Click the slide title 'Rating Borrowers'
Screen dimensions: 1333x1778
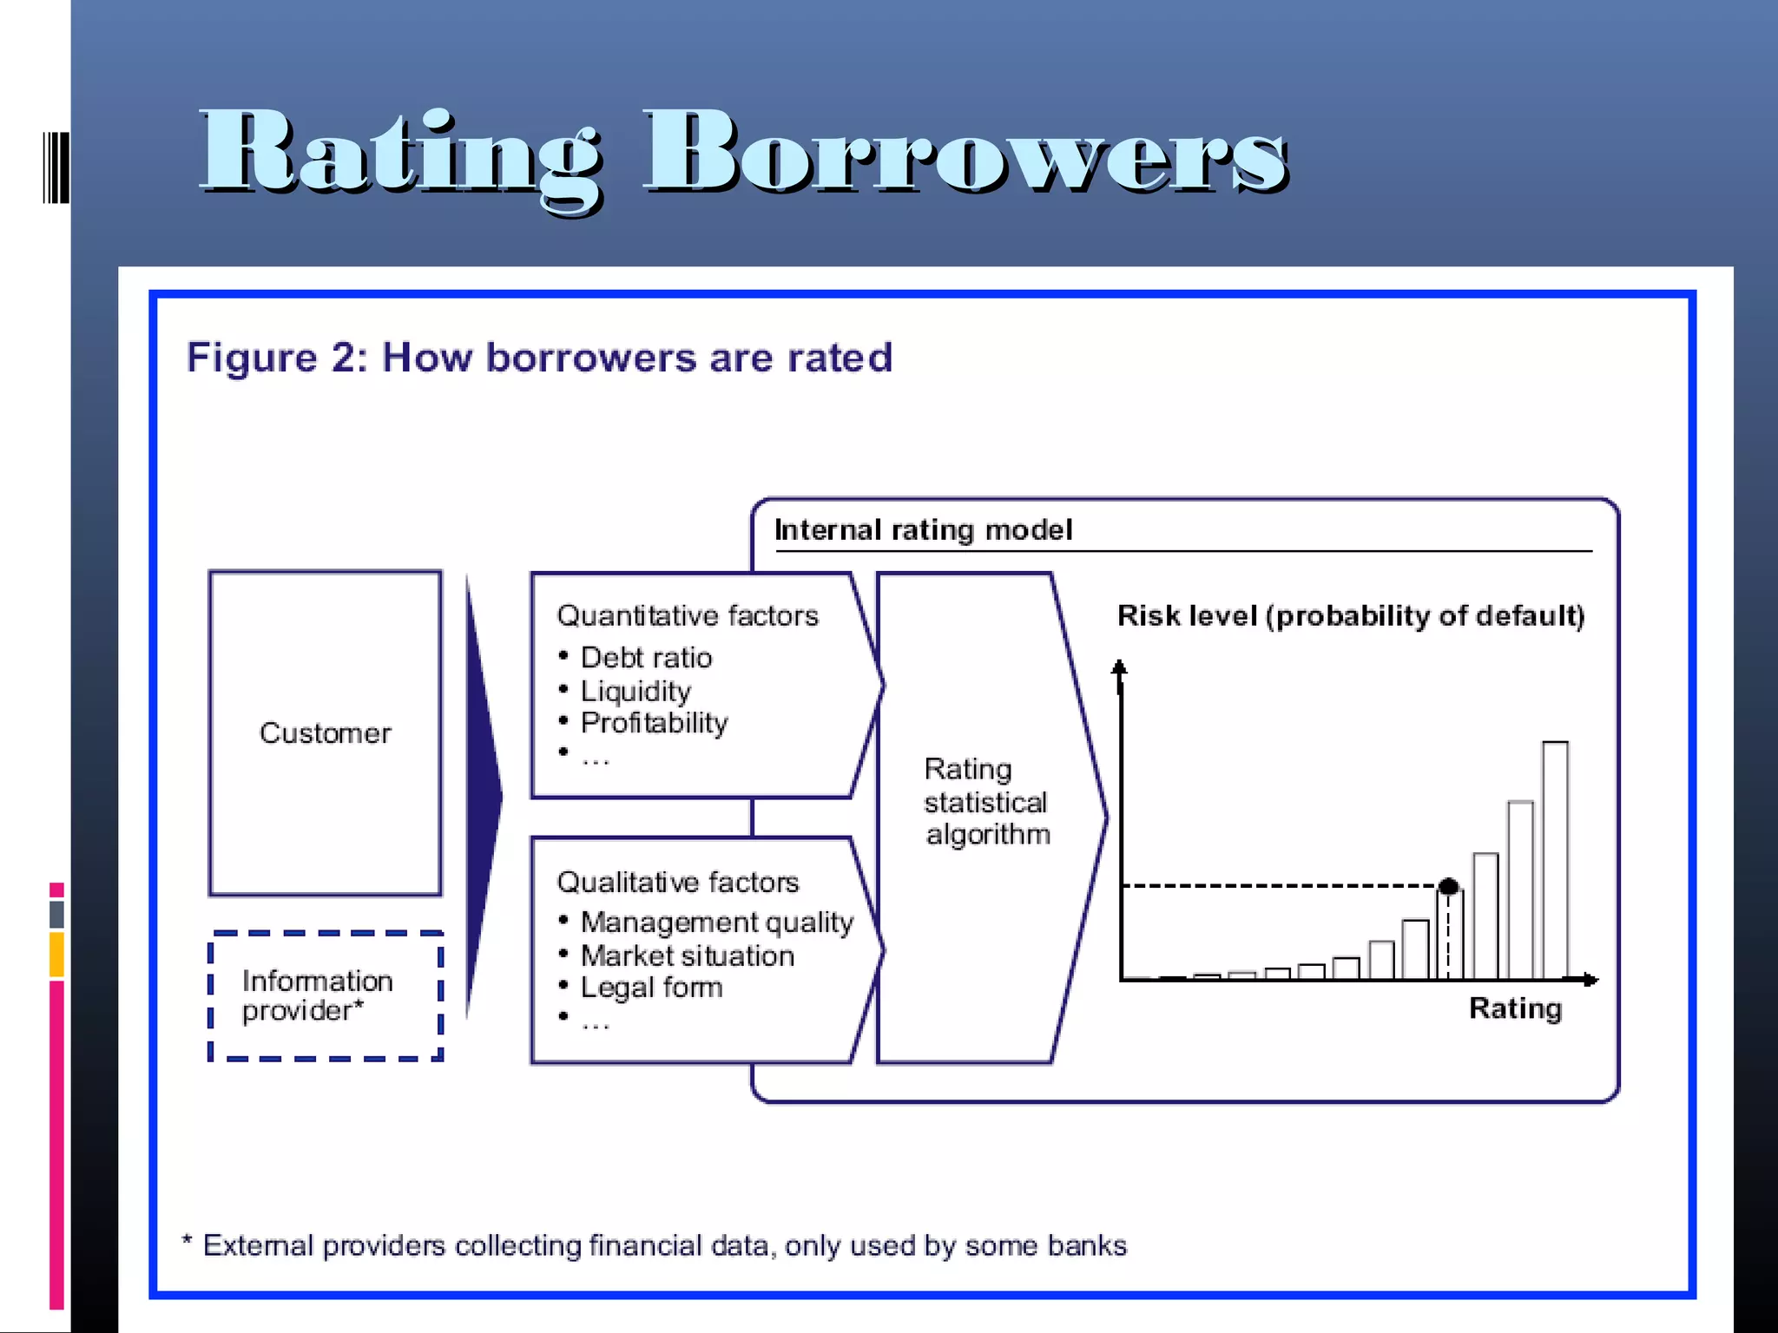point(744,154)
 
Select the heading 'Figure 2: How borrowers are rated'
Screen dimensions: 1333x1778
point(539,358)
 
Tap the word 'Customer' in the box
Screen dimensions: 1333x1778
point(326,733)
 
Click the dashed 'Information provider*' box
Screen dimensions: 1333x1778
point(326,996)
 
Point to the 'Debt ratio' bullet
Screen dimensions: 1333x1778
point(646,658)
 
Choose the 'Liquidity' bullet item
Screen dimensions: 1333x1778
point(635,691)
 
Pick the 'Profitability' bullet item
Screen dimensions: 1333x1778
point(654,723)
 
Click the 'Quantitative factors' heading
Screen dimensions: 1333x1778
point(688,615)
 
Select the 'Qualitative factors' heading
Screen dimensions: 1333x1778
point(678,882)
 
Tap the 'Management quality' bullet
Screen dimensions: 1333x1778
point(717,922)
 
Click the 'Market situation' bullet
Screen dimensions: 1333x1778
point(688,955)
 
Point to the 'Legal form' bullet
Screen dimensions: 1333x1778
point(651,988)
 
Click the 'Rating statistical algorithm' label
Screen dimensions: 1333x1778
point(986,802)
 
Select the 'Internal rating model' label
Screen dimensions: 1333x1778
point(923,529)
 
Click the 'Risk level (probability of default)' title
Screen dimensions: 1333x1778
point(1351,615)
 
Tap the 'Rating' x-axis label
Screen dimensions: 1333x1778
point(1515,1008)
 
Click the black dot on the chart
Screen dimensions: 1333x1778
point(1448,886)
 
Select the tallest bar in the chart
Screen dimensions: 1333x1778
point(1555,859)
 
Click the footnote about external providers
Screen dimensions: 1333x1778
point(655,1245)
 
